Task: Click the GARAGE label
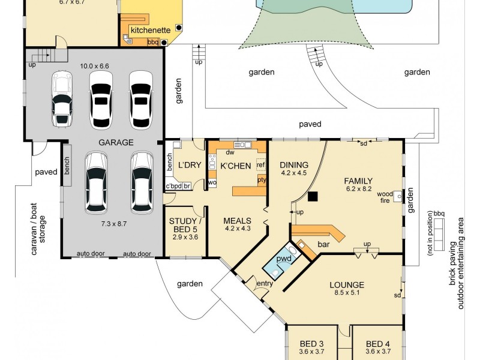(116, 142)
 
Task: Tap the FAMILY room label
(358, 181)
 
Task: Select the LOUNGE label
(347, 285)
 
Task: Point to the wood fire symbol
(398, 196)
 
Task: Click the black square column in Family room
(313, 196)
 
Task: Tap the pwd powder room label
(284, 259)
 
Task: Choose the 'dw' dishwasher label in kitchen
(230, 152)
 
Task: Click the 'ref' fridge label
(261, 164)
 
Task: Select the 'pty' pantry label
(262, 180)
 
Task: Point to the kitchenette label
(151, 30)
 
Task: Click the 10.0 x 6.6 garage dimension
(94, 66)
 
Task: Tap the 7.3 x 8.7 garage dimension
(113, 224)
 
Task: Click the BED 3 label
(311, 344)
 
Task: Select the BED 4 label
(378, 344)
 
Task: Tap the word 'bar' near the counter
(323, 244)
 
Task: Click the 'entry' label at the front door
(265, 284)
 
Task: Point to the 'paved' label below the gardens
(310, 124)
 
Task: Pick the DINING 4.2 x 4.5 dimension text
(294, 173)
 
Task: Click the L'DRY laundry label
(190, 165)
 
